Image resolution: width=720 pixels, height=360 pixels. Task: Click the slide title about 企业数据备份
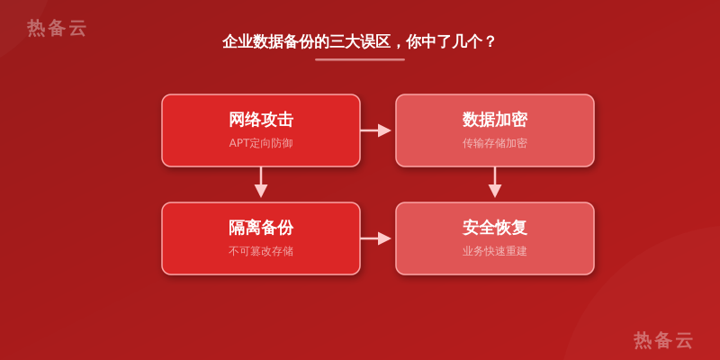pos(358,41)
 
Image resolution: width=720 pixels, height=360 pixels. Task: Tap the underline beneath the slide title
pos(360,59)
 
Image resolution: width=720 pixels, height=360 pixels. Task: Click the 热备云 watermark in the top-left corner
pos(57,28)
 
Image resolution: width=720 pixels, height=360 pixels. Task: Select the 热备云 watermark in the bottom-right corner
pos(663,340)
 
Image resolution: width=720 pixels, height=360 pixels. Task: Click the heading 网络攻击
pos(261,120)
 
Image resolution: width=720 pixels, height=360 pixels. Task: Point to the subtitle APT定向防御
pos(261,143)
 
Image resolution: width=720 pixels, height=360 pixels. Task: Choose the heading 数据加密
pos(494,120)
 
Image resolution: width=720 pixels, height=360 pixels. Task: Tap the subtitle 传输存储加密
pos(494,143)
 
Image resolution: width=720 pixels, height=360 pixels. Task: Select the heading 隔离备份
pos(261,228)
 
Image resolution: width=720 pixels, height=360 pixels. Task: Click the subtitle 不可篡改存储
pos(261,251)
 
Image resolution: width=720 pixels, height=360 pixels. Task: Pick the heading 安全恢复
pos(494,228)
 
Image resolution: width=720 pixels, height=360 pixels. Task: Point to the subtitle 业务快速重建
pos(494,251)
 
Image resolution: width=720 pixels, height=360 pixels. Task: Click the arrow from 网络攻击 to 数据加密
pos(375,130)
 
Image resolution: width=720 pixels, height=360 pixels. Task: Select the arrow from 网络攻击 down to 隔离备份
pos(261,183)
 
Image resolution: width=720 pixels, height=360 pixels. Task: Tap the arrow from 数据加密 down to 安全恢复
pos(494,183)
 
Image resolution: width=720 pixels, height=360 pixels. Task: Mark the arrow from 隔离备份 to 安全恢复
pos(375,238)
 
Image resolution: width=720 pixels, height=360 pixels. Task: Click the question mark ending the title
pos(490,42)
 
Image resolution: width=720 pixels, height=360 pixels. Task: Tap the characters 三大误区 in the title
pos(360,41)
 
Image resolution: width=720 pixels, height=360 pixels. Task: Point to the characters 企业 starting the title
pos(238,41)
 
